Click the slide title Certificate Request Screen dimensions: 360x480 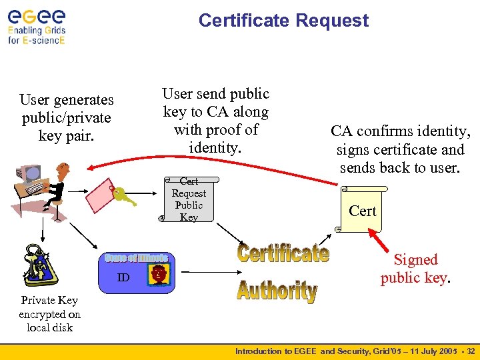(x=283, y=21)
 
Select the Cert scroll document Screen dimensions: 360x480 (x=361, y=210)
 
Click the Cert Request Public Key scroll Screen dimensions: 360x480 (x=188, y=199)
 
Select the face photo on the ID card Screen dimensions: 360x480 (x=159, y=275)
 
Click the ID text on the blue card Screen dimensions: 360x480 (x=123, y=277)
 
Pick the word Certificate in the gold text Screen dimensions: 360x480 (x=283, y=253)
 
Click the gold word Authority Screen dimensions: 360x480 (x=277, y=291)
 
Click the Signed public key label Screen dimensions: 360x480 (x=415, y=269)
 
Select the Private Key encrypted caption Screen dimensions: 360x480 (x=49, y=313)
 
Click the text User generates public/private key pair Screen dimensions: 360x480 (x=66, y=117)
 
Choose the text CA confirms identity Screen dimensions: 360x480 (x=400, y=132)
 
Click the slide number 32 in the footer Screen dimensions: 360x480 (x=471, y=351)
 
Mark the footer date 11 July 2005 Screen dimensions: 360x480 (x=421, y=351)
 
